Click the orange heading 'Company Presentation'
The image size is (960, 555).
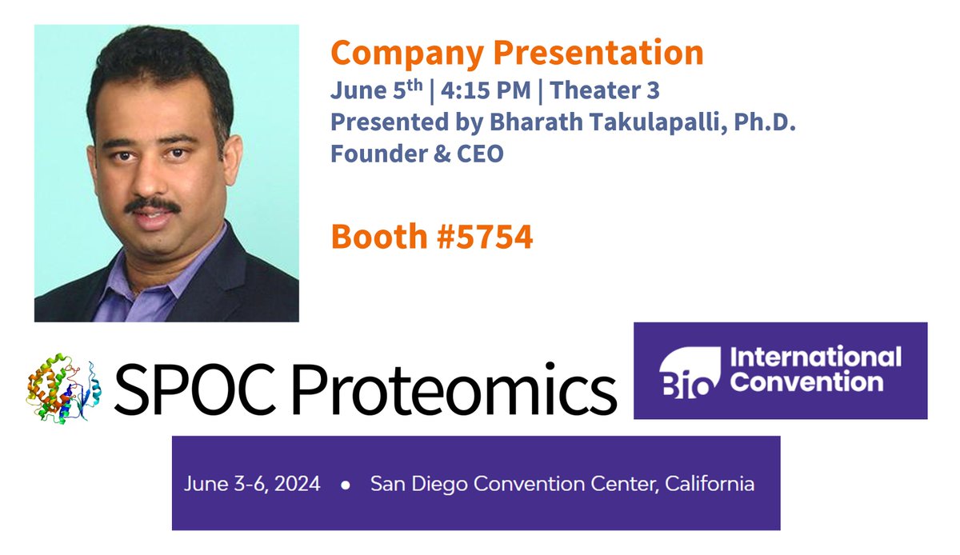point(517,54)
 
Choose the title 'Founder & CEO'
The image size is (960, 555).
point(417,152)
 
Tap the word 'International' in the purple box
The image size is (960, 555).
point(817,357)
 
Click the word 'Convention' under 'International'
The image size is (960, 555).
point(807,381)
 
